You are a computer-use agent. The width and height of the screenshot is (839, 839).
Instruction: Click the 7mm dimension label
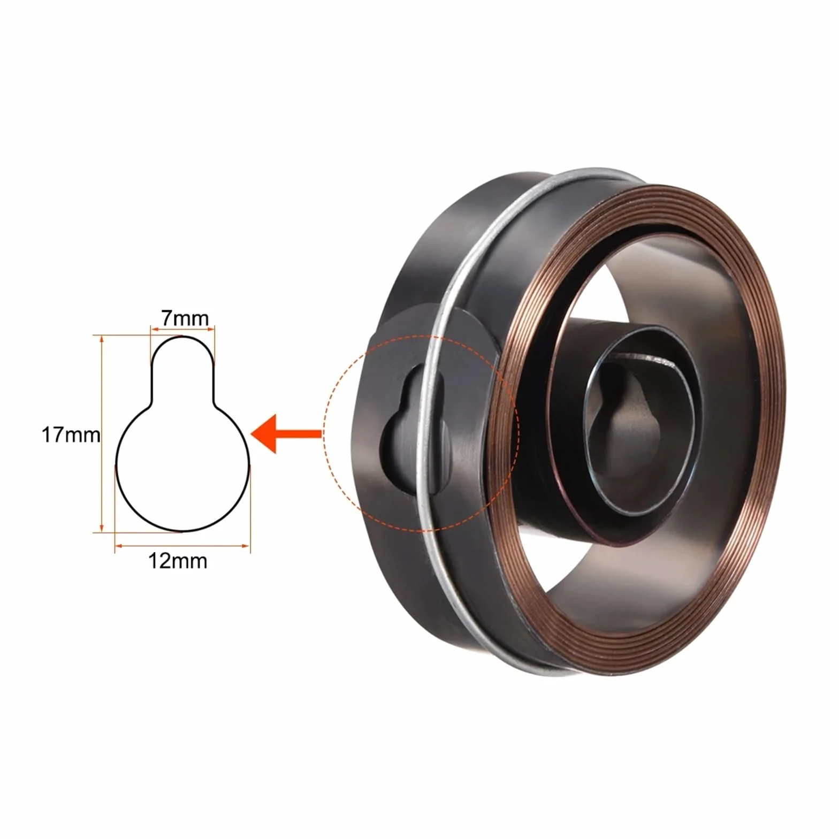185,318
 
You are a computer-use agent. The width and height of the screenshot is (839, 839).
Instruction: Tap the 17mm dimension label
71,434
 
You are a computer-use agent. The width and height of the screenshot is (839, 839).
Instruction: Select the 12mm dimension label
178,561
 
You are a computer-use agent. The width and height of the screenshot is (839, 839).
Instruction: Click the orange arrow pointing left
286,434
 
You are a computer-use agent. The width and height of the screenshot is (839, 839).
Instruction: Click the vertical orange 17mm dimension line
101,434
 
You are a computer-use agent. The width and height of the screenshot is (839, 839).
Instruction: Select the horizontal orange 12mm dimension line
182,546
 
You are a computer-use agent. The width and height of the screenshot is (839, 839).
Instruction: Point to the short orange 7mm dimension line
182,330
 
